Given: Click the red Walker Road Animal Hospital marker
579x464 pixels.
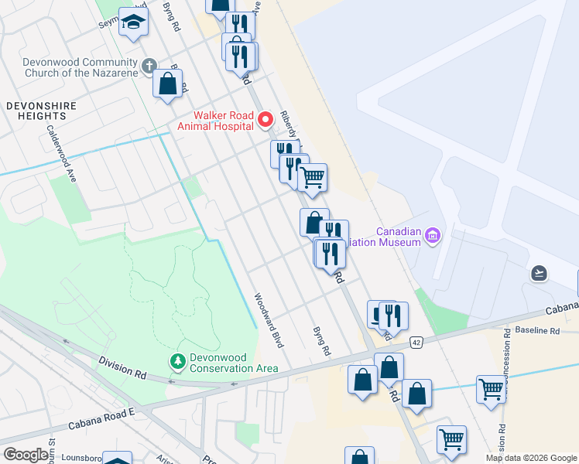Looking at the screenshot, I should [x=266, y=119].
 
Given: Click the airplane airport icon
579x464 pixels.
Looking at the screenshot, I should [x=540, y=273].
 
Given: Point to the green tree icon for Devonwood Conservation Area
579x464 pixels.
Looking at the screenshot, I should [x=177, y=361].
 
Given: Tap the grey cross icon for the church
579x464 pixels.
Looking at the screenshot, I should [x=149, y=67].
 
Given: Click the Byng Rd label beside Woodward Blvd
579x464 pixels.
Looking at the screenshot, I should [x=321, y=340].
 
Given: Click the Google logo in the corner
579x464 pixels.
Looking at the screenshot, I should [x=26, y=455].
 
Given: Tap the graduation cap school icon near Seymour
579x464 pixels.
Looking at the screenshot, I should [x=134, y=22].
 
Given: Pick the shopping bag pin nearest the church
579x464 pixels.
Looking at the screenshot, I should [x=167, y=83].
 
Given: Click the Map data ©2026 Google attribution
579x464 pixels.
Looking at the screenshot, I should [x=531, y=458].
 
